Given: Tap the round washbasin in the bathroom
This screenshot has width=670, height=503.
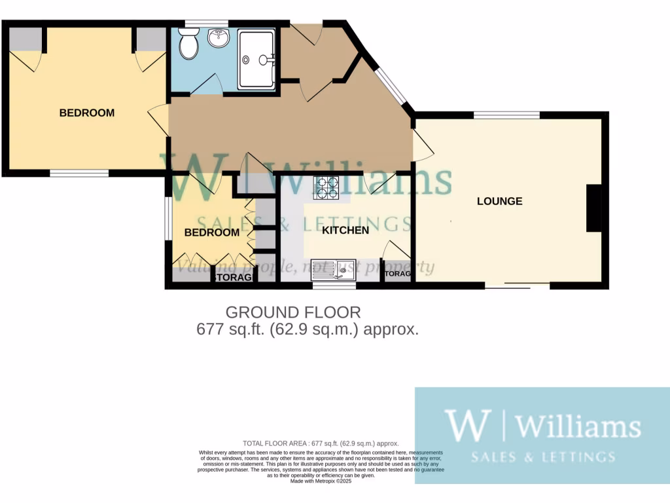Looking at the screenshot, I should coord(218,38).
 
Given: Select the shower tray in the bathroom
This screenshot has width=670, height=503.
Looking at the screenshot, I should coord(256,60).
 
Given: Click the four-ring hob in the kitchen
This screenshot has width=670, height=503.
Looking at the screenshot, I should coord(327,188).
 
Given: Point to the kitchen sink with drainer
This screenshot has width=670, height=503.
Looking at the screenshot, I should coord(338,269).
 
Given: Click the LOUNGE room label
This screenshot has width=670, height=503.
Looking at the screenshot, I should coord(499,201).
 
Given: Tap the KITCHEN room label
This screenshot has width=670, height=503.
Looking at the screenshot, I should coord(345,230).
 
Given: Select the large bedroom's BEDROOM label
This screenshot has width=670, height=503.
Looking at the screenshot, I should coord(86,113).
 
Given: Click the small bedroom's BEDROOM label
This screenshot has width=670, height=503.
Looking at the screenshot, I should coord(211,233).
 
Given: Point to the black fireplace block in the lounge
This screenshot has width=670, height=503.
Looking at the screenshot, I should coord(593,208).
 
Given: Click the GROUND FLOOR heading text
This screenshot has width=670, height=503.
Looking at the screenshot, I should coord(293,312).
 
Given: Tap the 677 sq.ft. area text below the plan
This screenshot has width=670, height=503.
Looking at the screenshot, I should coord(308,329).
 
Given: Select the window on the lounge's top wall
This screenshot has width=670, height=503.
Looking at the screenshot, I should coord(506,115).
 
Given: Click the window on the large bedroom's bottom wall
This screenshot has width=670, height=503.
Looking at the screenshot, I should coord(79,174).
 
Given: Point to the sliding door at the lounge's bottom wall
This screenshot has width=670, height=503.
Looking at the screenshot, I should coord(517,286).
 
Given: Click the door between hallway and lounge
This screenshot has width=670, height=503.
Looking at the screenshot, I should coord(423,144).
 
